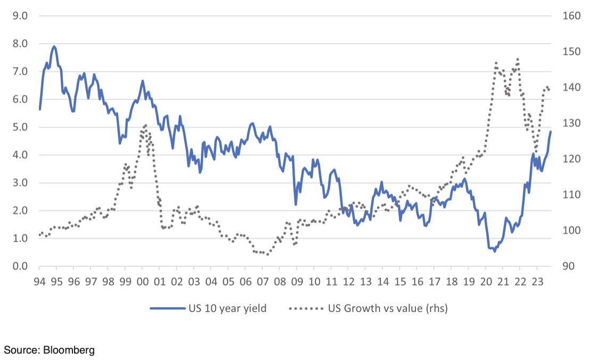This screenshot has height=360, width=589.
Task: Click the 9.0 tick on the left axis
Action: coord(20,16)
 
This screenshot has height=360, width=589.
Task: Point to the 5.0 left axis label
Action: coord(20,127)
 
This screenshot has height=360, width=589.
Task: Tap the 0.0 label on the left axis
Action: coord(20,266)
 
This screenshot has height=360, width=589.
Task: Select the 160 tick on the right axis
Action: coord(571,16)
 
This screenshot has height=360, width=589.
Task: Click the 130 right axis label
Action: coord(571,123)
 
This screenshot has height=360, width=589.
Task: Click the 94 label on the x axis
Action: coord(39,281)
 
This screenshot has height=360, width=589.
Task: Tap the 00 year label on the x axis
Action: coord(142,281)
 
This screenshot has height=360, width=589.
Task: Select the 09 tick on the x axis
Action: coord(297,281)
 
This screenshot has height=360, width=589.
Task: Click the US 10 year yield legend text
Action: coord(227,308)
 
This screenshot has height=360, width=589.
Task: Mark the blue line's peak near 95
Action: coord(54,46)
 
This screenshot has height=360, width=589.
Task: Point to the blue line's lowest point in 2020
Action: coord(495,251)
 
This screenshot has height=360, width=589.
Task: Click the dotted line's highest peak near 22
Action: coord(518,59)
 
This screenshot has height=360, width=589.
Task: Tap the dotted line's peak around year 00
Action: coord(145,126)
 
